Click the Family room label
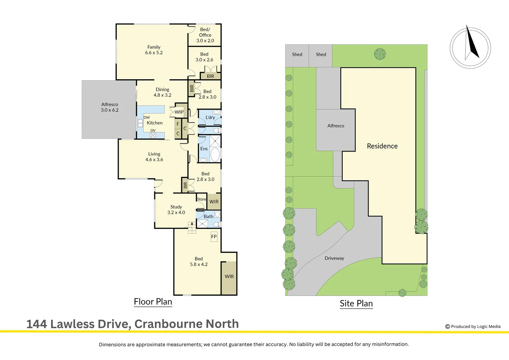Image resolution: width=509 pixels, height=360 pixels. pyautogui.click(x=154, y=50)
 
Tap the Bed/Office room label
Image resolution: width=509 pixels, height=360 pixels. pyautogui.click(x=205, y=35)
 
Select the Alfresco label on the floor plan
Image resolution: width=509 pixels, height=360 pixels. pyautogui.click(x=110, y=107)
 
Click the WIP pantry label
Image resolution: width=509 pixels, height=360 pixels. pyautogui.click(x=179, y=112)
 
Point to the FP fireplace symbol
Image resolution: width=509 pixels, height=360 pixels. pyautogui.click(x=214, y=237)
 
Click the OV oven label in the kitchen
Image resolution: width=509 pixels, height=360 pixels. pyautogui.click(x=153, y=130)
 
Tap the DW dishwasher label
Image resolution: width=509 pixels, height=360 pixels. pyautogui.click(x=147, y=117)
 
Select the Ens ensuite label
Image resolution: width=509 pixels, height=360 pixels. pyautogui.click(x=204, y=149)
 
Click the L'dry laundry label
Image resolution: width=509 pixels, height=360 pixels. pyautogui.click(x=210, y=117)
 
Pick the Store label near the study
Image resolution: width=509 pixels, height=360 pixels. pyautogui.click(x=202, y=199)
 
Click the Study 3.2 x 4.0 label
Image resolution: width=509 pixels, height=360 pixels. pyautogui.click(x=176, y=209)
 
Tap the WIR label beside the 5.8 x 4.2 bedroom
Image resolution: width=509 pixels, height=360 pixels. pyautogui.click(x=229, y=276)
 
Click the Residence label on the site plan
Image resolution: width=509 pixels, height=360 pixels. pyautogui.click(x=382, y=146)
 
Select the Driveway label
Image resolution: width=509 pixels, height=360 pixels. pyautogui.click(x=334, y=258)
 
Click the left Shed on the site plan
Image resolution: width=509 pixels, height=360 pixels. pyautogui.click(x=297, y=54)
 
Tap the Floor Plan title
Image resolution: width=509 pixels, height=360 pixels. pyautogui.click(x=153, y=302)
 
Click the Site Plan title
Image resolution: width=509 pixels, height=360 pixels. pyautogui.click(x=356, y=303)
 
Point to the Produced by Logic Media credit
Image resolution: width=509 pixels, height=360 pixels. pyautogui.click(x=473, y=326)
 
